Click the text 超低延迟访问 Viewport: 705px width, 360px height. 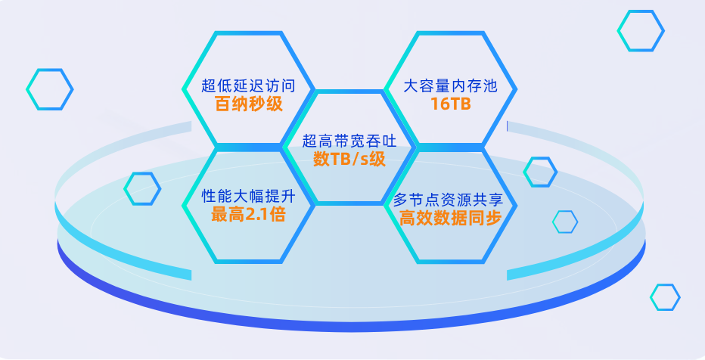coord(247,85)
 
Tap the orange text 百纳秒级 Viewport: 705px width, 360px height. coord(247,104)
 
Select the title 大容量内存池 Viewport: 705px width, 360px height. coord(450,85)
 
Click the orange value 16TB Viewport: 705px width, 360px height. coord(450,104)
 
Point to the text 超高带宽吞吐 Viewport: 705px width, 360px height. coord(349,140)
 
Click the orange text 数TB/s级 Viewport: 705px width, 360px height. coord(349,159)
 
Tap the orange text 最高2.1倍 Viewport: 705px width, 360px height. coord(247,216)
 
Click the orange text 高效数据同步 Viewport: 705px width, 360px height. coord(450,219)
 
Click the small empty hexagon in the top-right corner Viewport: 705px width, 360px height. coord(641,31)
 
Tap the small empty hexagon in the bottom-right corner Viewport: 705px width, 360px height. coord(665,296)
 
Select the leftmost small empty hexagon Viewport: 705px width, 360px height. coord(50,89)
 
